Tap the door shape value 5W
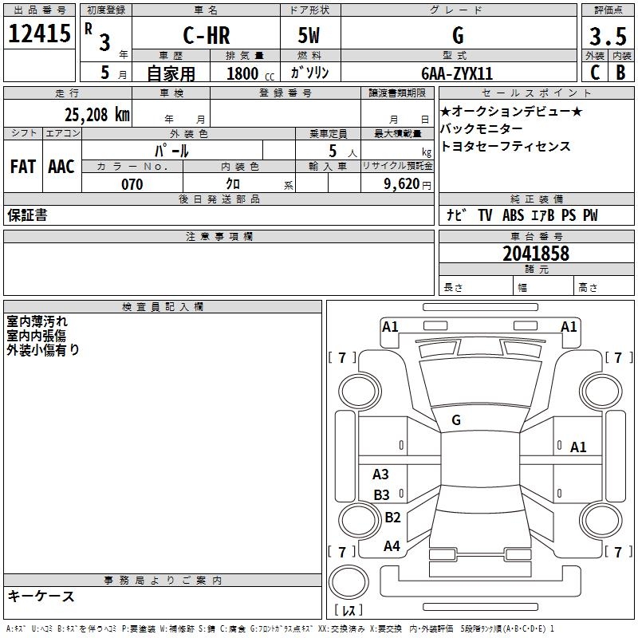click(x=309, y=35)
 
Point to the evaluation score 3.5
click(x=607, y=36)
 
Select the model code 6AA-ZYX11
click(x=457, y=73)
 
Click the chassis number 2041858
click(x=536, y=254)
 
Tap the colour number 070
click(x=132, y=184)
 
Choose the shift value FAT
click(x=23, y=167)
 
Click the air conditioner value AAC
click(x=61, y=167)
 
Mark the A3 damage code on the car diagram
click(x=381, y=475)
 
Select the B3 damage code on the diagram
click(x=381, y=495)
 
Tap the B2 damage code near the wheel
click(x=392, y=518)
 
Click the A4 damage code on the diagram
click(x=392, y=546)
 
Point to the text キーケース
click(x=41, y=597)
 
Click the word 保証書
click(x=26, y=215)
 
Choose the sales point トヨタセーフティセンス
click(x=506, y=147)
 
